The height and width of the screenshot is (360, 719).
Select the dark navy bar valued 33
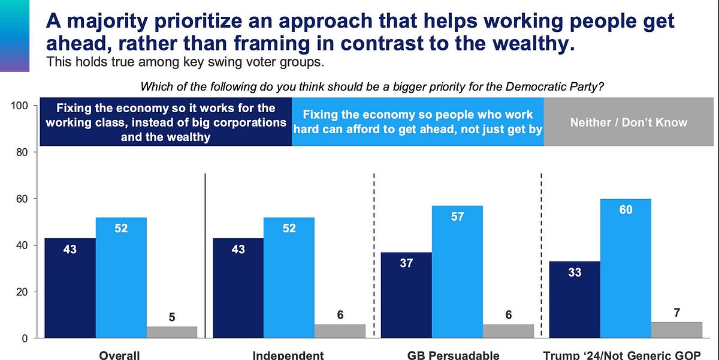click(x=575, y=299)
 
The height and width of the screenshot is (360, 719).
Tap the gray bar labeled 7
click(x=676, y=330)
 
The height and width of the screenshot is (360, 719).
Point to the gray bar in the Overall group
click(x=172, y=332)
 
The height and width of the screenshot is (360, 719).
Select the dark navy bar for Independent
click(x=238, y=288)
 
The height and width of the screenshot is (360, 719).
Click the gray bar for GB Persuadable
click(x=508, y=331)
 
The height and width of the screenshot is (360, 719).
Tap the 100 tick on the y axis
click(x=21, y=106)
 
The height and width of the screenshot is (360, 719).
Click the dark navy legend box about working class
click(x=165, y=122)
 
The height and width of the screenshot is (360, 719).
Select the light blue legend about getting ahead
click(x=418, y=122)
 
